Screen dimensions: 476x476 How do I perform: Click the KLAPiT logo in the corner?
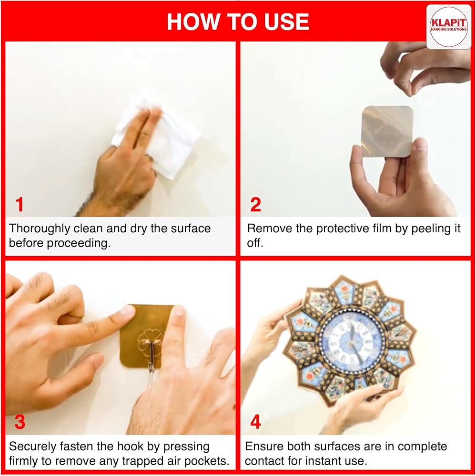[449, 27]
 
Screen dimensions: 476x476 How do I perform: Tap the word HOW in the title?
[194, 22]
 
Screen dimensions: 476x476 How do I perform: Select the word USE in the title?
[286, 22]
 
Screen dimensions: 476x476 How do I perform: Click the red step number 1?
[20, 204]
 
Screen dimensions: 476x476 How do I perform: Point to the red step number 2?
[255, 204]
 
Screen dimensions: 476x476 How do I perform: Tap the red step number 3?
[20, 422]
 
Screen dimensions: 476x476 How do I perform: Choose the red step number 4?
[255, 422]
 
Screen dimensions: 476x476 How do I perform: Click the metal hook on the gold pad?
[152, 352]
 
